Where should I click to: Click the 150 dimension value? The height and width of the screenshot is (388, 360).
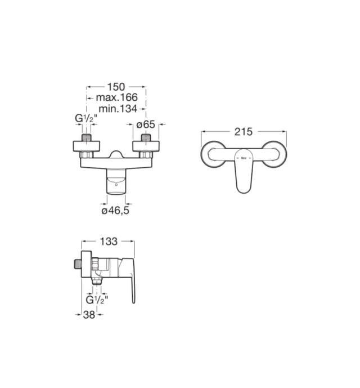click(x=116, y=87)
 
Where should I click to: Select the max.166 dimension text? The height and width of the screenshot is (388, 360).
click(x=116, y=97)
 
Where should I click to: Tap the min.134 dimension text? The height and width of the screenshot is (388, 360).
click(x=118, y=108)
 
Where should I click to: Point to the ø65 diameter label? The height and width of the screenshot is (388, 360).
click(x=146, y=124)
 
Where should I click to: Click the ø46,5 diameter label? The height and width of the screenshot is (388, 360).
click(x=115, y=211)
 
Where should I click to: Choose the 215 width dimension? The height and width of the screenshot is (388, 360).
click(x=244, y=132)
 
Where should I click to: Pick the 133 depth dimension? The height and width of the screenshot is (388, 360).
click(x=109, y=242)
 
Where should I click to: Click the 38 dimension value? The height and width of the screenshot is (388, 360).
click(x=89, y=315)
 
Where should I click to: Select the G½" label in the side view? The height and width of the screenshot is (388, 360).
click(x=97, y=300)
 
